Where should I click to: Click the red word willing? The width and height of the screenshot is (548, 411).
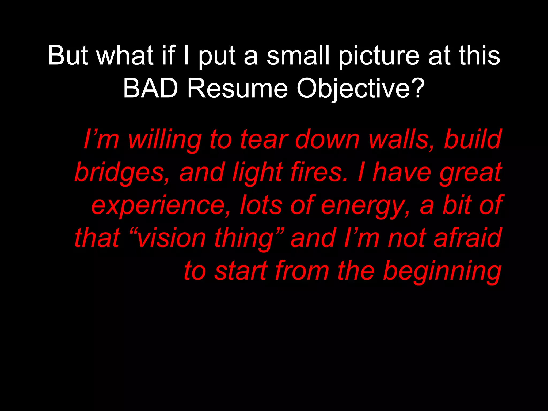click(165, 140)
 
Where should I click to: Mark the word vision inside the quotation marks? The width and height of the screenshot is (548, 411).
click(171, 238)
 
